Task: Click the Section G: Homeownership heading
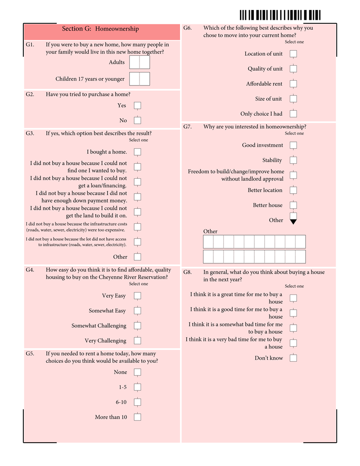click(100, 29)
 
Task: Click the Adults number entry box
click(139, 62)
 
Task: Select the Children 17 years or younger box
click(139, 79)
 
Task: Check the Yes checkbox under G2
click(137, 105)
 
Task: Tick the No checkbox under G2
click(137, 120)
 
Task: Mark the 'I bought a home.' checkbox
click(137, 152)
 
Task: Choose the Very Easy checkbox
click(137, 296)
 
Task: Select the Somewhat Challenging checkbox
click(137, 326)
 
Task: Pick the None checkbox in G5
click(137, 372)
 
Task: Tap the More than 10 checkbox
click(137, 417)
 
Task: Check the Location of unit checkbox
click(293, 54)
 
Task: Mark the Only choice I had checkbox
click(293, 114)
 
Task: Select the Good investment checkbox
click(293, 145)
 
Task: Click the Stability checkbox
click(293, 160)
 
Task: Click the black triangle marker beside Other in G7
click(293, 221)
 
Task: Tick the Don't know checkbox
click(293, 358)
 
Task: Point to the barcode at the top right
click(280, 15)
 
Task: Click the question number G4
click(30, 270)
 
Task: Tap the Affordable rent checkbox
click(293, 84)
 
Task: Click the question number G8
click(188, 272)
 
